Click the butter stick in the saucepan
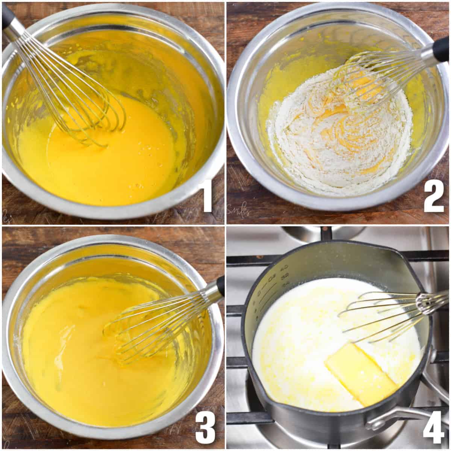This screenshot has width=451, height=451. click(x=361, y=372)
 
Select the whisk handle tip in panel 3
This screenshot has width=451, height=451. click(x=221, y=286)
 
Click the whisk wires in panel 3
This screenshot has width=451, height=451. click(x=150, y=327)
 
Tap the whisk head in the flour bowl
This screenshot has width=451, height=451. click(x=361, y=83)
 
